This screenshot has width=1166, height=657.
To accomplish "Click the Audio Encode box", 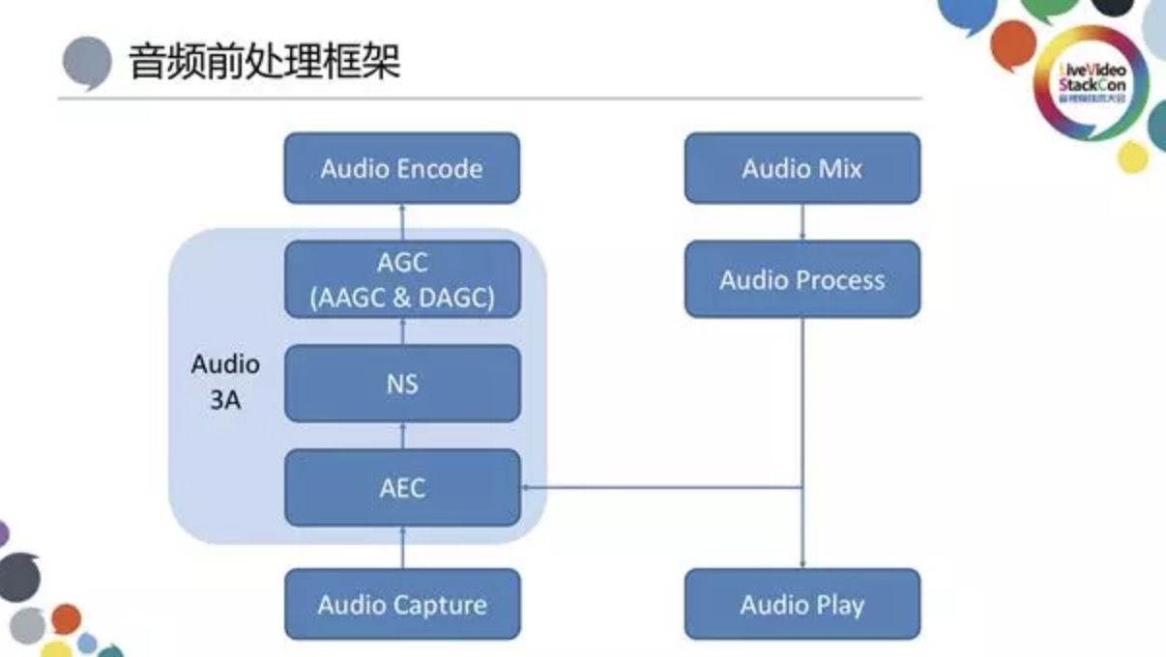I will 401,168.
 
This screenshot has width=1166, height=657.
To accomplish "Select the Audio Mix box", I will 802,168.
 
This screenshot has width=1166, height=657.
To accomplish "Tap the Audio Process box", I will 802,280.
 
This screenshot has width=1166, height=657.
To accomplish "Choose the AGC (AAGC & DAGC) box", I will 401,280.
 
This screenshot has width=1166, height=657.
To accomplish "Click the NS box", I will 401,384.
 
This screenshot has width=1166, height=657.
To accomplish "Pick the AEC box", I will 401,487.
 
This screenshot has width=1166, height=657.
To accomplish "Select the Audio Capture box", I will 401,605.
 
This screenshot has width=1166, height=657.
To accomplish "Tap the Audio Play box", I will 802,605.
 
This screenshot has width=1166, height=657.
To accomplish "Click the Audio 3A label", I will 225,382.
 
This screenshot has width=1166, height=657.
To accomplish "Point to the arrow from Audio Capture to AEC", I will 402,548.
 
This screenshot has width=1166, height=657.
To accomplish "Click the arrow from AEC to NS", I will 402,436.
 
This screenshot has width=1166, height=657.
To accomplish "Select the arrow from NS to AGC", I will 402,331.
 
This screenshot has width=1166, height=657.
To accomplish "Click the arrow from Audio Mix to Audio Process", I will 802,223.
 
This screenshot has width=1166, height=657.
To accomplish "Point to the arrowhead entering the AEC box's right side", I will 527,487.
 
